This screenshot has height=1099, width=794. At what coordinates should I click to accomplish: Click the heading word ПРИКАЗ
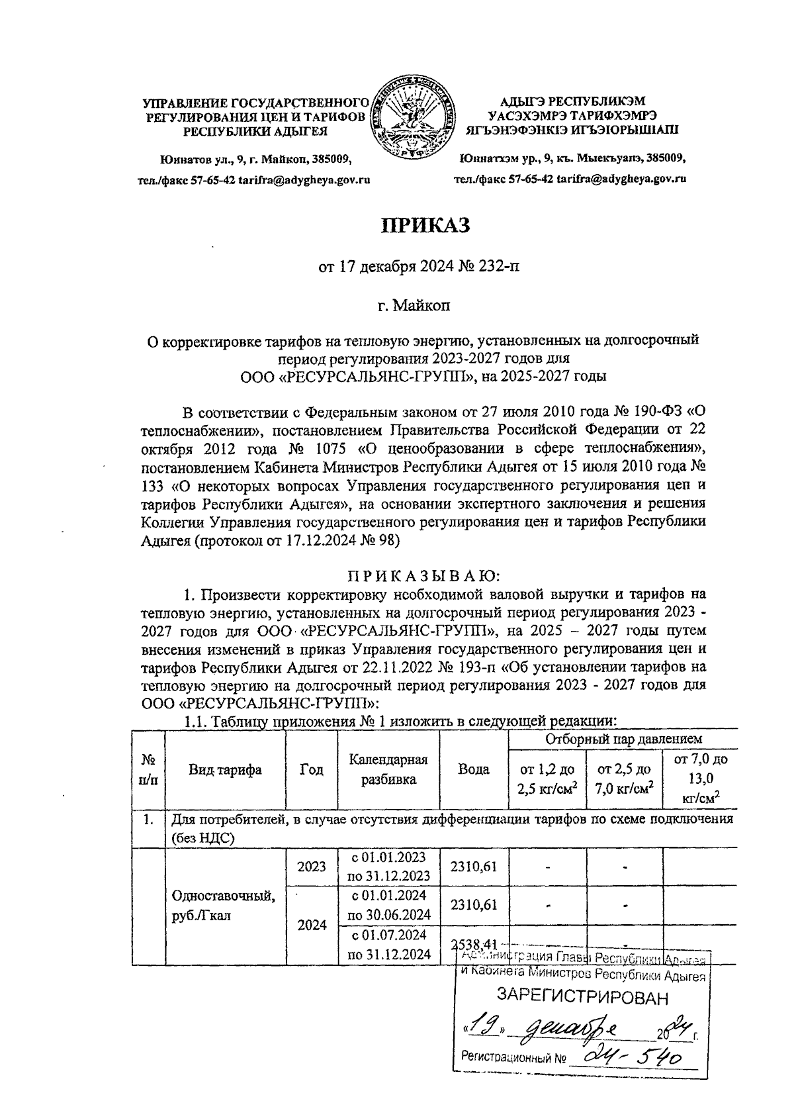[x=423, y=226]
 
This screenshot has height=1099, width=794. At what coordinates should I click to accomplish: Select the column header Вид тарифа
[x=225, y=769]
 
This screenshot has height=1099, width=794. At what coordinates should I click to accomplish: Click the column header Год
[x=311, y=769]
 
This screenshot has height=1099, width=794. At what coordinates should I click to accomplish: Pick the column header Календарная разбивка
[x=388, y=769]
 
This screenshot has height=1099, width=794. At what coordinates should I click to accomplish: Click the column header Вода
[x=473, y=769]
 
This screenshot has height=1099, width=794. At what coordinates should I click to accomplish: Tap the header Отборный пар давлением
[x=623, y=739]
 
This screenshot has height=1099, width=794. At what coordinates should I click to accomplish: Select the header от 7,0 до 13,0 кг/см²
[x=699, y=779]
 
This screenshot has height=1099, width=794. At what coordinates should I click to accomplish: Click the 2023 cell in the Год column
[x=311, y=867]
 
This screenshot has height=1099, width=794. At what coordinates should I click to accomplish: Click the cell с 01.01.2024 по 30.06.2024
[x=388, y=905]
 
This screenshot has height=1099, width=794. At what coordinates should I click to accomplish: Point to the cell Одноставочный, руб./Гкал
[x=224, y=905]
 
